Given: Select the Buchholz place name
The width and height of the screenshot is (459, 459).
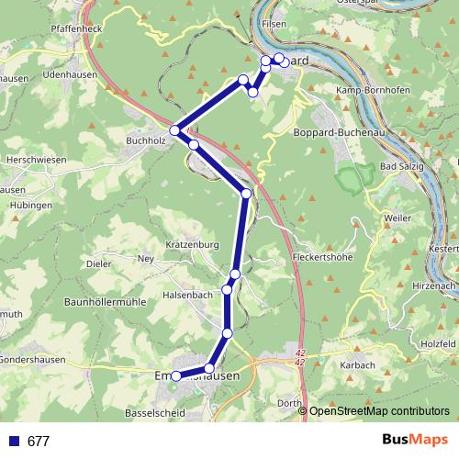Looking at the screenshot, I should click(144, 140).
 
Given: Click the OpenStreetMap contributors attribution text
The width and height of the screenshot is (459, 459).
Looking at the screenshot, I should click(379, 410).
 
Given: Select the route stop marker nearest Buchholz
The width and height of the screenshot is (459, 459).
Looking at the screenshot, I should click(174, 130).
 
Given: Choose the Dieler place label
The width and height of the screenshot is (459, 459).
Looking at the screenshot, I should click(98, 263).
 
